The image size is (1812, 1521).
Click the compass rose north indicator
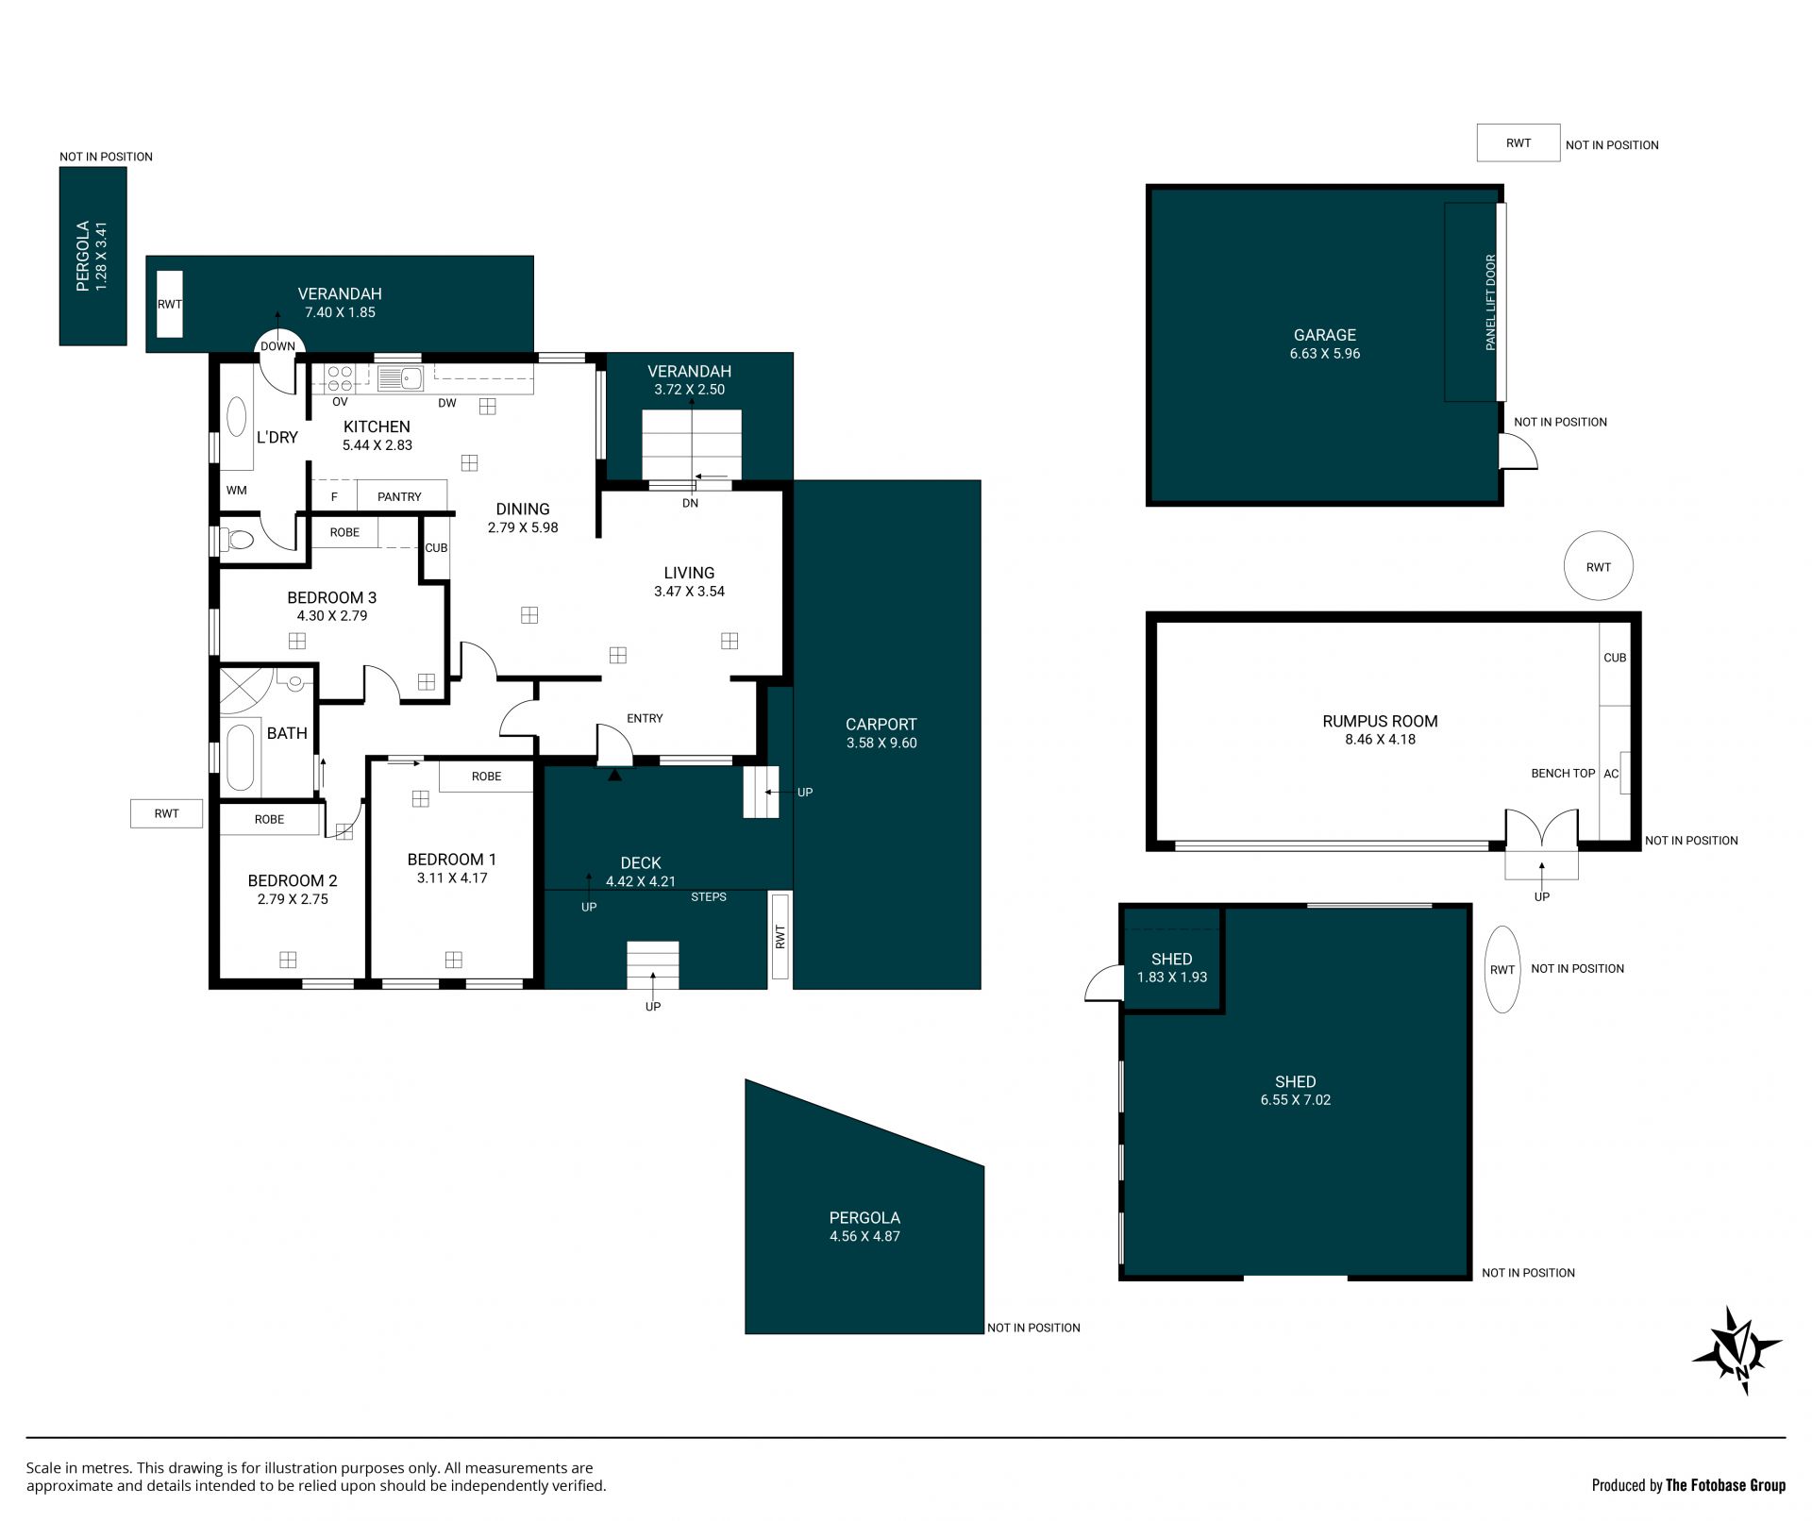1736,1351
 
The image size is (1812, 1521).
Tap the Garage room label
1324,335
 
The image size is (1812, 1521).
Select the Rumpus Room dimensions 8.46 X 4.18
1380,740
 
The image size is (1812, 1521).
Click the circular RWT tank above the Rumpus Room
1598,566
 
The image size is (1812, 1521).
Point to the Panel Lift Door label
1491,303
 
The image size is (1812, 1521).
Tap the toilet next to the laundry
238,541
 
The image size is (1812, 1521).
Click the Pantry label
399,497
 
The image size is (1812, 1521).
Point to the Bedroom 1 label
451,860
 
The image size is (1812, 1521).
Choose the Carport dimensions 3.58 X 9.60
881,744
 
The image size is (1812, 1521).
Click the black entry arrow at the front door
615,775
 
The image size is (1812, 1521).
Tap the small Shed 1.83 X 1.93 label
1171,968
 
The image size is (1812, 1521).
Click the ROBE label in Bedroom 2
269,820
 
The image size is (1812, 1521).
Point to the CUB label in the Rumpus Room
1615,658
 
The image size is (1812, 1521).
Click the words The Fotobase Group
1726,1485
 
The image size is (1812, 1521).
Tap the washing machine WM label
236,491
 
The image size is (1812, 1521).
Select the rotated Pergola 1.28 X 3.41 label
92,256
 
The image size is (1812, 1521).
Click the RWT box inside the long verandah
169,304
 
